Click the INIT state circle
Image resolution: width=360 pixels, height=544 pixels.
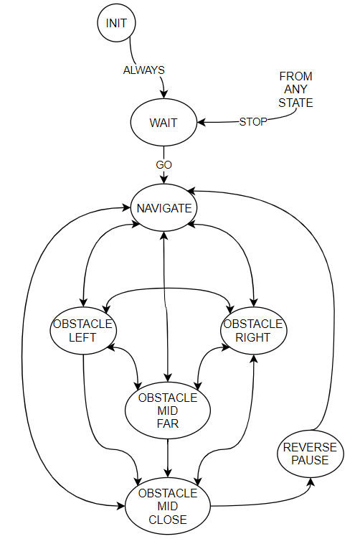[116, 23]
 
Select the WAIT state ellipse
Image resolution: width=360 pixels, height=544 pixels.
[164, 123]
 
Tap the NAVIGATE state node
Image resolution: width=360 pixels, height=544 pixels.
[164, 208]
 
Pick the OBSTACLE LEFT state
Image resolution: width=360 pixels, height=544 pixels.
[83, 331]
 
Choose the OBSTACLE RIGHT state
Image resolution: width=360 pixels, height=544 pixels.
[254, 331]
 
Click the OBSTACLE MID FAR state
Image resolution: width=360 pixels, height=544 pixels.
[168, 411]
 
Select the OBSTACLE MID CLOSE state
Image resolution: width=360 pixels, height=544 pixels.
[168, 506]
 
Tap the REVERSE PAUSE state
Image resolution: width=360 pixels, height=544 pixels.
[311, 454]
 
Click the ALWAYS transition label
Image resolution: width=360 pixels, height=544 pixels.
[144, 70]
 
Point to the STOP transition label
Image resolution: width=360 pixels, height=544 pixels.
[253, 122]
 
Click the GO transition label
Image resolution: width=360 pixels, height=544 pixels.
[164, 165]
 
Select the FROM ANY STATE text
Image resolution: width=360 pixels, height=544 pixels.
[296, 89]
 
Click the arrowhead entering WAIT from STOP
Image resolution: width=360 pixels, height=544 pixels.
[202, 123]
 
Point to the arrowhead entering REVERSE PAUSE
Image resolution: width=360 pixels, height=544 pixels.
[311, 482]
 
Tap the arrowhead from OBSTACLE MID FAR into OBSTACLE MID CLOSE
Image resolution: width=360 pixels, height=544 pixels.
[168, 473]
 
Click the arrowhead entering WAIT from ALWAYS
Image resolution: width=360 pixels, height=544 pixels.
[164, 94]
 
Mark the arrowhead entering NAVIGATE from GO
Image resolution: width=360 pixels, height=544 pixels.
[164, 179]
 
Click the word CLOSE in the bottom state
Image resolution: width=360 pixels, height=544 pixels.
[168, 520]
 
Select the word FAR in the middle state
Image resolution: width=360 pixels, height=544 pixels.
[168, 423]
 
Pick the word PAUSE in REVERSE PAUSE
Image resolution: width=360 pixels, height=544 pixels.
[310, 460]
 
